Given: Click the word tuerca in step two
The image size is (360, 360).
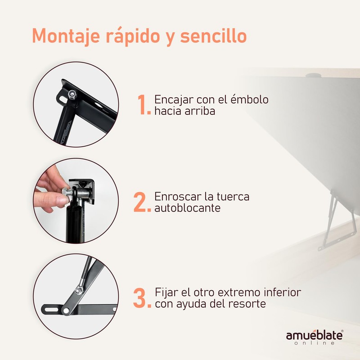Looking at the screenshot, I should coord(228,197).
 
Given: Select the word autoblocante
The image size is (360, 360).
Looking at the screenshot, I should coord(187,209).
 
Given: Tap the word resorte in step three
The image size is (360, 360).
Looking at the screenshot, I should coord(248,304).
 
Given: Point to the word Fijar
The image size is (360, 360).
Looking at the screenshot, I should coord(166,292).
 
